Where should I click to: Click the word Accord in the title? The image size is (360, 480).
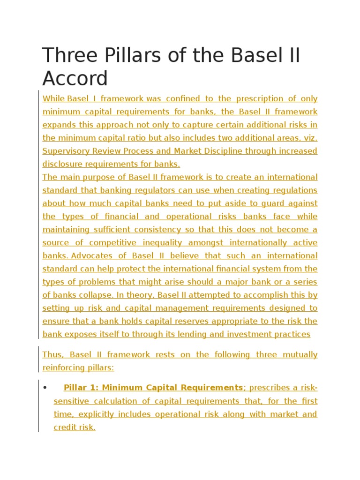tap(75, 78)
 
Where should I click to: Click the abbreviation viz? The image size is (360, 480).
tap(310, 138)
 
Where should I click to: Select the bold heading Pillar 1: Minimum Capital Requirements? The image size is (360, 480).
tap(153, 388)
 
